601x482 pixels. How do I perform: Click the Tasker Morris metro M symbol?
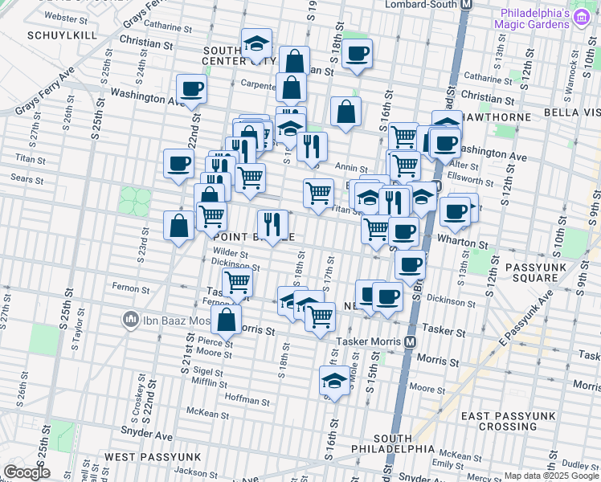[410, 341]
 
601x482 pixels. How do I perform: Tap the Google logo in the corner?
[27, 472]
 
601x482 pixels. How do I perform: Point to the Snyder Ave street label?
[152, 435]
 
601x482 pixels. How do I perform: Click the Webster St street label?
[67, 16]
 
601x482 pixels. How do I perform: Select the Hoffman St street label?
[247, 399]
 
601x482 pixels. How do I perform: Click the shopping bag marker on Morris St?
[229, 319]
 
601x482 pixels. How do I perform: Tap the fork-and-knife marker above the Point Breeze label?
[272, 224]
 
